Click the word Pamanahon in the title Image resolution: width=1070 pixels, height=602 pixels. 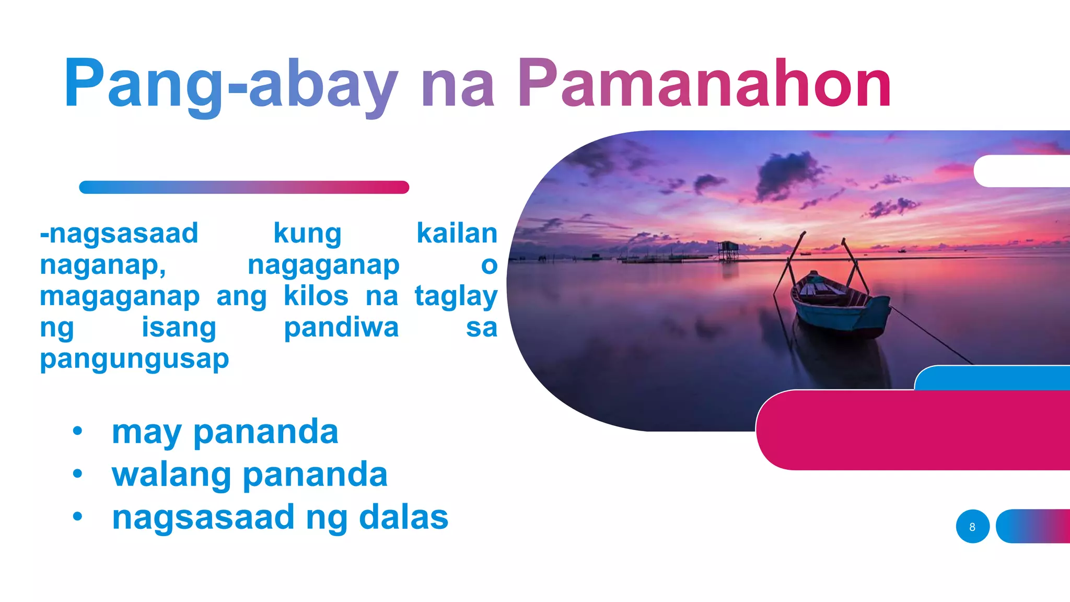click(704, 84)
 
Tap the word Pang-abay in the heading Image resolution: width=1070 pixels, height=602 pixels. click(230, 84)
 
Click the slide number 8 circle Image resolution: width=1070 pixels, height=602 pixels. click(972, 526)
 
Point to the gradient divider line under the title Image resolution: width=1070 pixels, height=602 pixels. click(244, 187)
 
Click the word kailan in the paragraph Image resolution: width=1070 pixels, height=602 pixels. click(457, 233)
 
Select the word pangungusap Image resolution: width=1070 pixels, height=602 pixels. click(134, 360)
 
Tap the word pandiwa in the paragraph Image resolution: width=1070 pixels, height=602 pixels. click(341, 328)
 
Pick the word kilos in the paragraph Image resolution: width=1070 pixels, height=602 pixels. click(316, 296)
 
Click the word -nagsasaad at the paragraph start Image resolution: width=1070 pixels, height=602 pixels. click(119, 233)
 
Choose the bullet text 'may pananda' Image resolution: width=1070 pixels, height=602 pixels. click(225, 432)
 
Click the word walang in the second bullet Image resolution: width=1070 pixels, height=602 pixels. click(171, 475)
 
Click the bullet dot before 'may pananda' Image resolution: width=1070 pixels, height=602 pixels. click(78, 431)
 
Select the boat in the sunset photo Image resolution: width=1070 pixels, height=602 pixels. click(839, 303)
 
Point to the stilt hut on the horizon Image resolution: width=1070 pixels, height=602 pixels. click(728, 250)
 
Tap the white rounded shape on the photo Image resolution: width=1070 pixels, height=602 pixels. click(1019, 171)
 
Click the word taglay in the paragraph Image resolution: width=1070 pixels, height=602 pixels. click(456, 296)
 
